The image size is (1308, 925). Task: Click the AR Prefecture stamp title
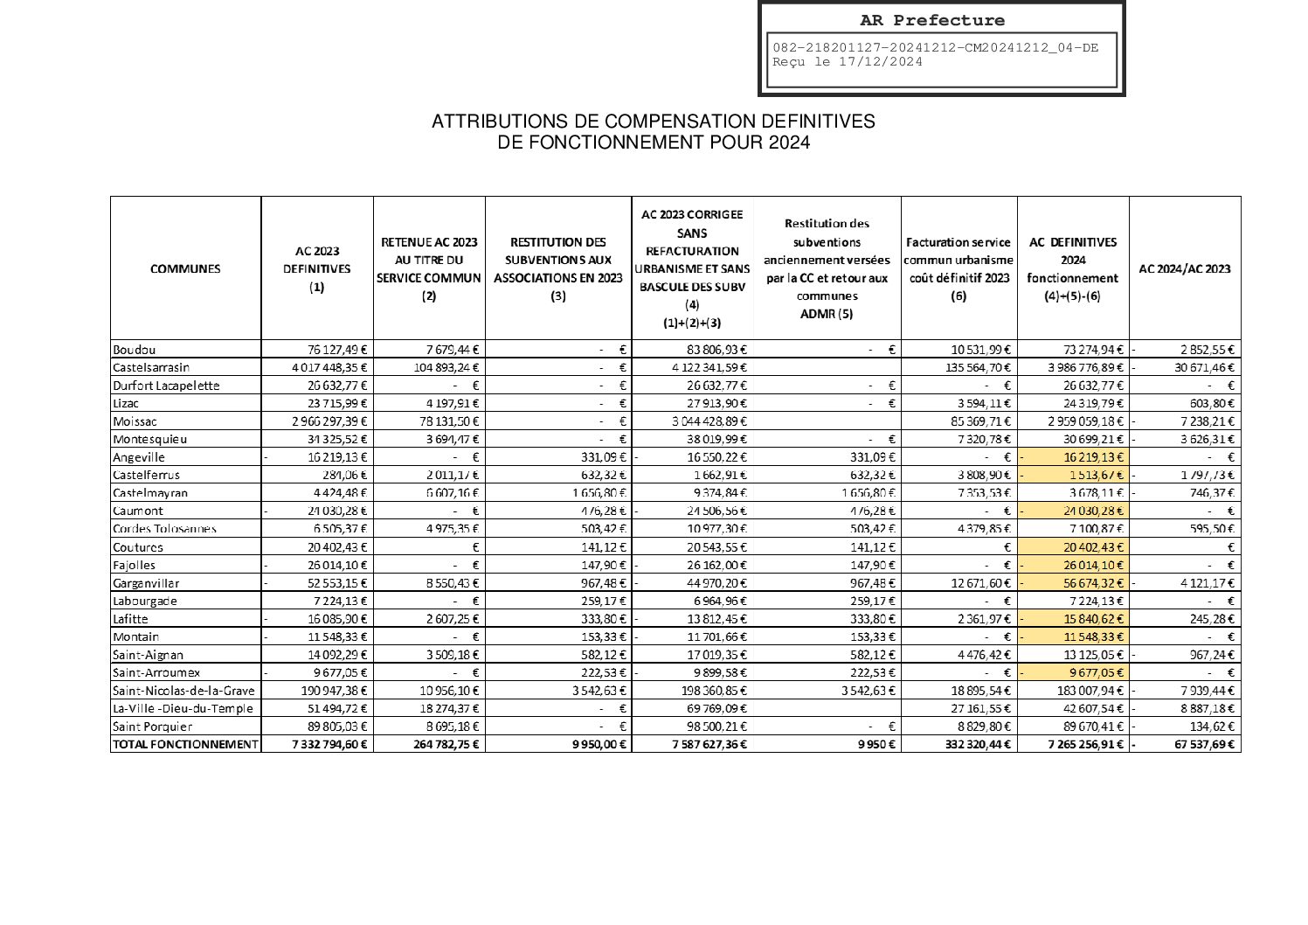[x=931, y=20]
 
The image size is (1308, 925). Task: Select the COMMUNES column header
[x=185, y=268]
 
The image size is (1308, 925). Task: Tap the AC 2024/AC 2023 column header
[x=1184, y=268]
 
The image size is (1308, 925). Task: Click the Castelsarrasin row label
[x=151, y=367]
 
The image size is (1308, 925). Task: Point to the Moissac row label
[x=135, y=421]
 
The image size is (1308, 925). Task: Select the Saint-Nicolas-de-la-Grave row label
[x=183, y=691]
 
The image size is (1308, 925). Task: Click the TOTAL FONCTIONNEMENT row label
[x=185, y=744]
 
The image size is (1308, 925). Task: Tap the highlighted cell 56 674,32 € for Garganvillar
[x=1081, y=583]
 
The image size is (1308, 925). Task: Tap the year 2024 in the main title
[x=789, y=143]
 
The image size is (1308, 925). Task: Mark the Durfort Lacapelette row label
[x=166, y=386]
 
